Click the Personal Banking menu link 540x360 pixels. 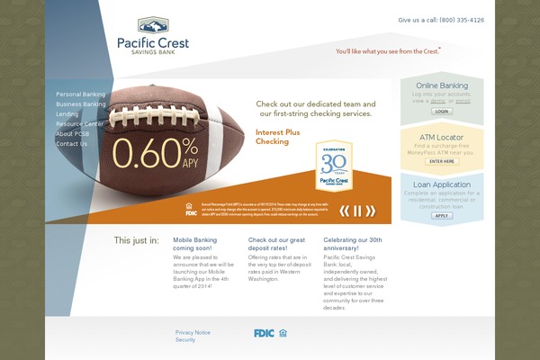[80, 94]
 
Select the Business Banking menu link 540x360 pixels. [80, 104]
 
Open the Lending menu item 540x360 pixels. [67, 114]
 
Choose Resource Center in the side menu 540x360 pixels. [79, 124]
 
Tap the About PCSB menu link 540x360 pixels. [72, 134]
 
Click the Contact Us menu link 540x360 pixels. [72, 144]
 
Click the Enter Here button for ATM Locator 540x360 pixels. [442, 161]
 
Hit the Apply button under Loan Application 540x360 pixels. [442, 215]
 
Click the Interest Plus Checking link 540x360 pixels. [273, 137]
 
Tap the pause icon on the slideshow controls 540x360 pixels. [357, 211]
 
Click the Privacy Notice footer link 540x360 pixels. [193, 332]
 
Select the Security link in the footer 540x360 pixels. [185, 340]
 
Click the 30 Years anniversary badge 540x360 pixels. [333, 166]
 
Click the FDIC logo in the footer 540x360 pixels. [264, 333]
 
